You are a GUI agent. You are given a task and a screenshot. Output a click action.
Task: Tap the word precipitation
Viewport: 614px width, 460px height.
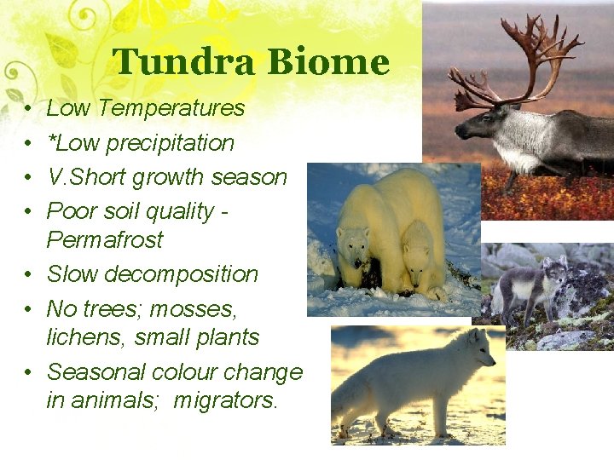coord(170,143)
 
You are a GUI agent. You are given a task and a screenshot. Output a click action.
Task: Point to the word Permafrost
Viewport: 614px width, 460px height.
coord(104,240)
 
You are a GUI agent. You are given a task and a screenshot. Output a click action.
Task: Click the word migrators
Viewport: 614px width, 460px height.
coord(226,400)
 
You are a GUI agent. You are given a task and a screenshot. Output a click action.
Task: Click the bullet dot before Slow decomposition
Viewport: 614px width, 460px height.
coord(28,275)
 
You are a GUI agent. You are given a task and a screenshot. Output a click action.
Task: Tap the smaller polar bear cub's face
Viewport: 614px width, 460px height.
coord(417,255)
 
